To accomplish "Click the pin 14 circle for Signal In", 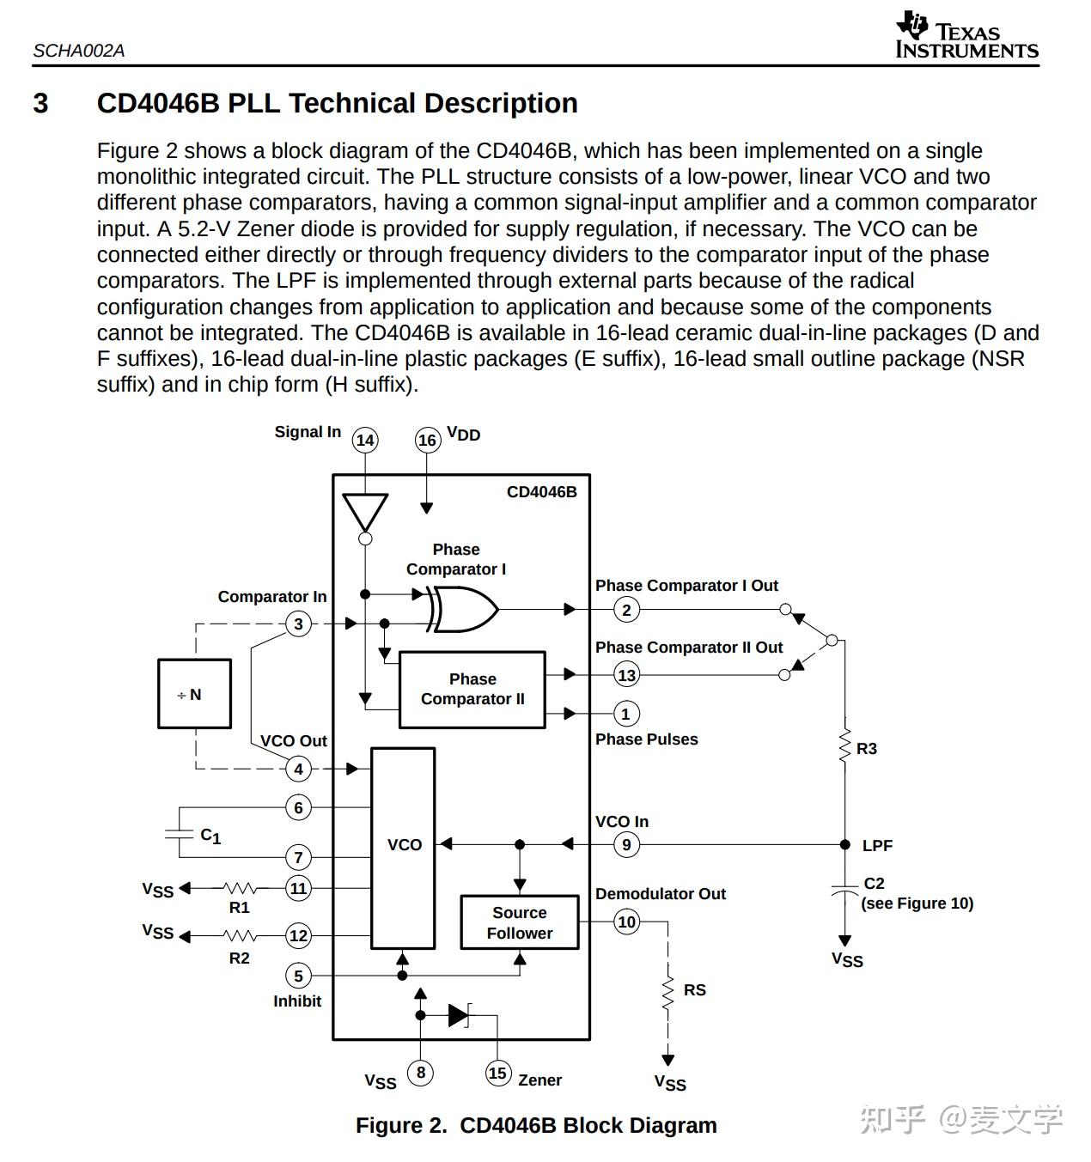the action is [364, 440].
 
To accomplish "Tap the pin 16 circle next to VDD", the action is [427, 440].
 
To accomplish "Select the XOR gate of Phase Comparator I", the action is [462, 610].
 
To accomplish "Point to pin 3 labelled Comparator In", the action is [298, 624].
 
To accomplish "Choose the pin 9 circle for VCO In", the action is [626, 845].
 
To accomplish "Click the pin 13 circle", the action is [626, 675].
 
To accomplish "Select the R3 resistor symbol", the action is [844, 745].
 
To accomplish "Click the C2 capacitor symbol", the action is [844, 890].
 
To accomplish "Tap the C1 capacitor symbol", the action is [179, 834].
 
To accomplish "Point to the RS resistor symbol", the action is [667, 994].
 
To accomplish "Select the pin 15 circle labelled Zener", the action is [498, 1073].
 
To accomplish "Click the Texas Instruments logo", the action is [967, 35].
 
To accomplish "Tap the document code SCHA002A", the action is [79, 51].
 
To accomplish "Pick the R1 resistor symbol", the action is [240, 889].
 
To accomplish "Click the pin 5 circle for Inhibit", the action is [298, 976].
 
